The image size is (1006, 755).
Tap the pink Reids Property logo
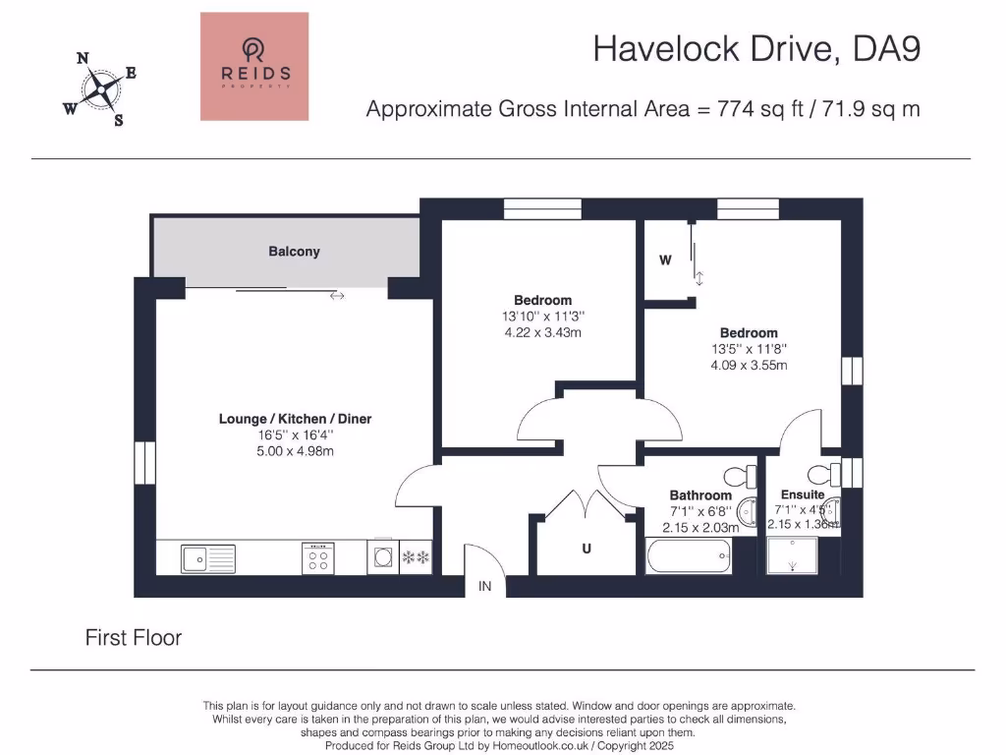coord(254,66)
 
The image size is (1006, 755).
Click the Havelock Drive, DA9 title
coord(756,49)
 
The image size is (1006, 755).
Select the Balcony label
coord(294,251)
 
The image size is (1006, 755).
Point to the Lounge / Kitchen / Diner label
coord(295,419)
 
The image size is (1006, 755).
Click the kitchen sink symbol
coord(208,558)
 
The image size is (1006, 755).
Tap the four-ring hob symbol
coord(318,558)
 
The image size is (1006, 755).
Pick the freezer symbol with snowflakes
coord(416,557)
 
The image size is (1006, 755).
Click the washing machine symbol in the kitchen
coord(383,556)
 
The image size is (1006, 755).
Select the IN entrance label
coord(485,586)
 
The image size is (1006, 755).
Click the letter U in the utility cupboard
coord(587,549)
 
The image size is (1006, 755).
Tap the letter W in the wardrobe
coord(665,260)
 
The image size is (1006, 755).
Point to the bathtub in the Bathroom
coord(689,556)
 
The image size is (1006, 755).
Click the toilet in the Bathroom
coord(740,477)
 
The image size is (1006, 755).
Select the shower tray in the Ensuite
coord(793,555)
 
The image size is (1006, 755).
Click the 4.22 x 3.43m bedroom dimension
coord(542,332)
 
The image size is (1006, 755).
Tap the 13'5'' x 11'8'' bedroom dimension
coord(749,349)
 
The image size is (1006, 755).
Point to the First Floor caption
coord(134,637)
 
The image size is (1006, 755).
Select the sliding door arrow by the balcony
coord(338,296)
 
